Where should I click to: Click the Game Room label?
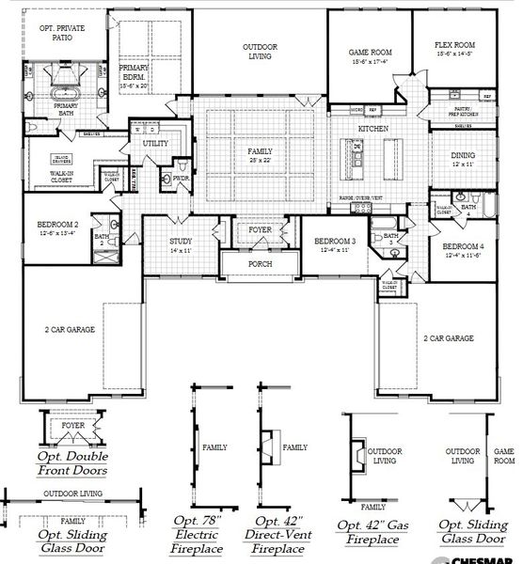[x=370, y=53]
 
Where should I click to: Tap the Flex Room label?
[x=455, y=45]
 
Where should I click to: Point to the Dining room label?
[x=462, y=157]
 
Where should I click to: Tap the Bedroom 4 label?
[x=463, y=245]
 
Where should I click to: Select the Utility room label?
[x=154, y=144]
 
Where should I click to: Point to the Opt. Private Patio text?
[x=63, y=34]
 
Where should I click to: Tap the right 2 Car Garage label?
[x=448, y=337]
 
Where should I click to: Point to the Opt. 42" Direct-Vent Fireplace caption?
[x=278, y=533]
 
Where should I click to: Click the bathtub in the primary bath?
[x=65, y=95]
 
